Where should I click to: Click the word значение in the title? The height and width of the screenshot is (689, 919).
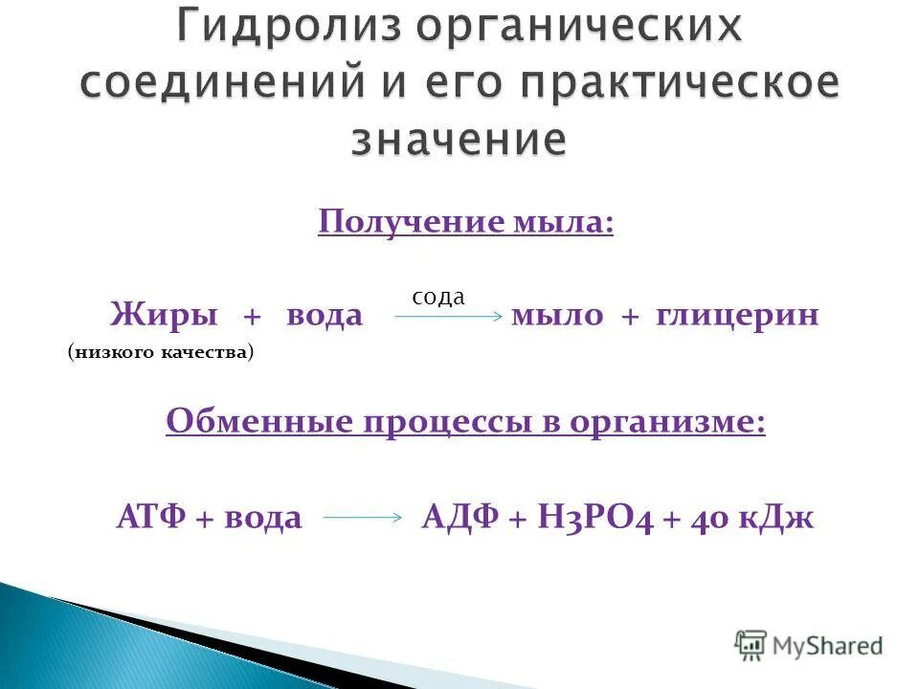tap(459, 141)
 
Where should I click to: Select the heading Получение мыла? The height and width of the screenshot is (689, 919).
tap(465, 223)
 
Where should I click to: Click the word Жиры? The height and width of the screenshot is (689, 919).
tap(164, 316)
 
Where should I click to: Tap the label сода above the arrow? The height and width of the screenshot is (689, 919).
tap(438, 297)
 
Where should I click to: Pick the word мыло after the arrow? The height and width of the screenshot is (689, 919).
tap(556, 316)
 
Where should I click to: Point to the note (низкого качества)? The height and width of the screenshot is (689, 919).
tap(161, 353)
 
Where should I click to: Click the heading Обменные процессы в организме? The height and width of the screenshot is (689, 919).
tap(465, 422)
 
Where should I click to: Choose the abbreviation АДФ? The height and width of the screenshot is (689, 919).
tap(459, 519)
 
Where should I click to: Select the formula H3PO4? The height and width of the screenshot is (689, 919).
tap(594, 519)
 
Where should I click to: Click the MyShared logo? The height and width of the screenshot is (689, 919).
tap(809, 646)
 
